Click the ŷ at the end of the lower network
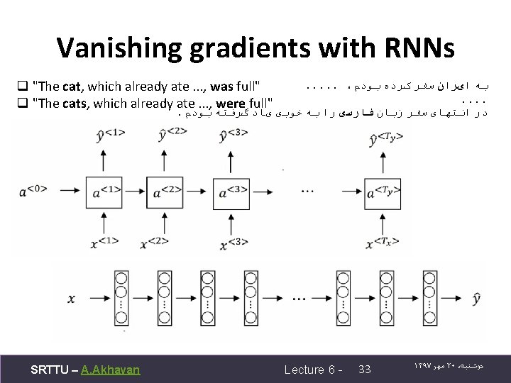pyautogui.click(x=476, y=299)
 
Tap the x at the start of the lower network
pyautogui.click(x=70, y=299)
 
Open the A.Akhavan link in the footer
pyautogui.click(x=111, y=369)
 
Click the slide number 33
pyautogui.click(x=366, y=369)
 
